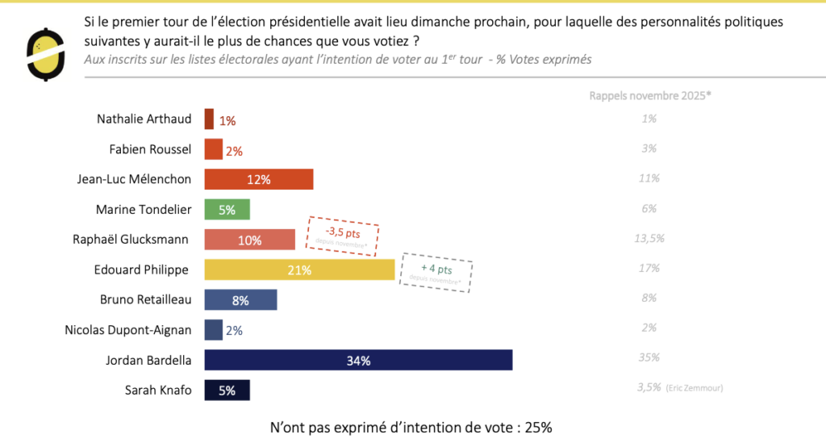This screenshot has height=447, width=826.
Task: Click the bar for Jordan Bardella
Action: click(358, 360)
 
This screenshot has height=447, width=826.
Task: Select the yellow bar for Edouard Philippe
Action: click(299, 269)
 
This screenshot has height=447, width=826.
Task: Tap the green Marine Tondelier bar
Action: click(227, 210)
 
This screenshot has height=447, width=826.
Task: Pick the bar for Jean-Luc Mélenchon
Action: click(258, 179)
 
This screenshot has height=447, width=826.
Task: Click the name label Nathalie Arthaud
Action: click(144, 119)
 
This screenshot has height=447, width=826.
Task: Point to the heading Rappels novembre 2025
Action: click(650, 95)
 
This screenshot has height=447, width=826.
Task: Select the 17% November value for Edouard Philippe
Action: click(649, 268)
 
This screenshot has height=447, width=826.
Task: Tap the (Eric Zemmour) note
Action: click(695, 388)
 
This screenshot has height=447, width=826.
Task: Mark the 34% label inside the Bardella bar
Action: click(358, 361)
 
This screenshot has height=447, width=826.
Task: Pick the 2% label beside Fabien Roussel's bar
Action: click(234, 151)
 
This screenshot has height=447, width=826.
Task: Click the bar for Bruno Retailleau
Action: click(240, 300)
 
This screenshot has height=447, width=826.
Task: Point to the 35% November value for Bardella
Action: click(649, 357)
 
